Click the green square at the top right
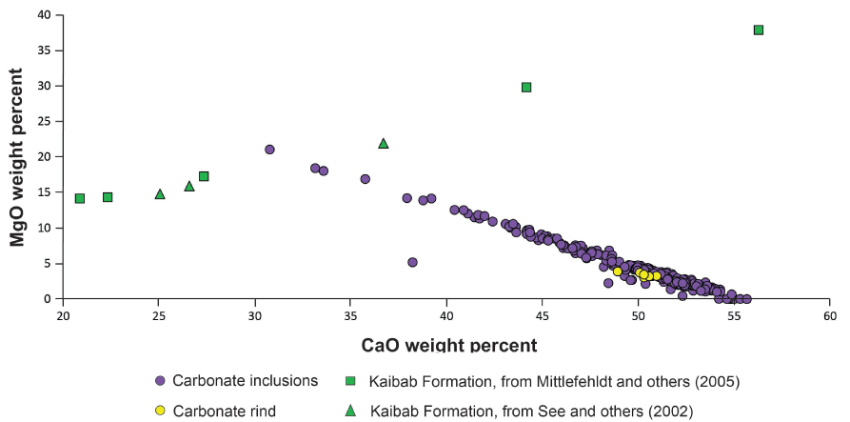(x=759, y=30)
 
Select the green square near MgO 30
(x=526, y=87)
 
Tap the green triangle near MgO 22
(x=384, y=143)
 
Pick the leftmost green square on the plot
(x=80, y=198)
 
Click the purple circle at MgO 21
(x=269, y=150)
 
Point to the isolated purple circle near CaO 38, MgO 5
(x=412, y=262)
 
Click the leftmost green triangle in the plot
(x=160, y=194)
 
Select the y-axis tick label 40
(x=45, y=15)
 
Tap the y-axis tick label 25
(x=45, y=121)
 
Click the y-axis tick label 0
(x=49, y=298)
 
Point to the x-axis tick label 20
(x=63, y=316)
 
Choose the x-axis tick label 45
(x=542, y=316)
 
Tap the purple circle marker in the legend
(x=160, y=381)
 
